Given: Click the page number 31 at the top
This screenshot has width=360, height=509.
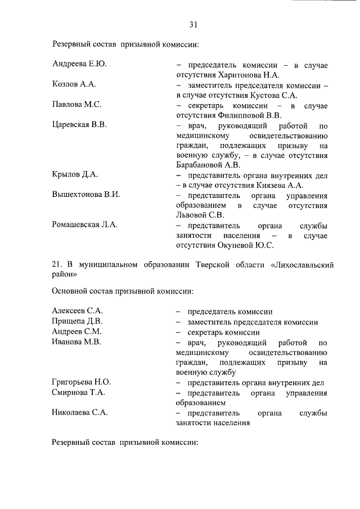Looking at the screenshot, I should [x=193, y=24].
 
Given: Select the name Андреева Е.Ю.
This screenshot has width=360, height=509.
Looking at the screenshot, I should [x=79, y=64].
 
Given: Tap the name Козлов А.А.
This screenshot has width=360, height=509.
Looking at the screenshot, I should [x=74, y=84].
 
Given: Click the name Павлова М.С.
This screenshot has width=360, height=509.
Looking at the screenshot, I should [x=76, y=105].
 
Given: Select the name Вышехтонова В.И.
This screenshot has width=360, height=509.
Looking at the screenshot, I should [x=86, y=195].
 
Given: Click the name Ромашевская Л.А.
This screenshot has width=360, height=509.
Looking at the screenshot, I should [x=84, y=225].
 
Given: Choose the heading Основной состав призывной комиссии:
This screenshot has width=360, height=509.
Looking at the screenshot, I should [x=123, y=291].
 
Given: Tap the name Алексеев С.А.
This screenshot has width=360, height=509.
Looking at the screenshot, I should [x=77, y=311].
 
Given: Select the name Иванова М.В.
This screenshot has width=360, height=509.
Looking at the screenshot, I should [x=76, y=342].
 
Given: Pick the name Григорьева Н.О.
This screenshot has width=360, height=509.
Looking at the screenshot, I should [x=81, y=382].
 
